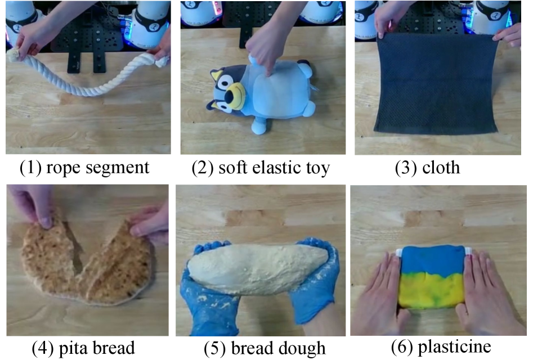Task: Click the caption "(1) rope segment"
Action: (84, 168)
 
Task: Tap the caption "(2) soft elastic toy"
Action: (261, 168)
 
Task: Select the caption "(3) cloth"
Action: (427, 168)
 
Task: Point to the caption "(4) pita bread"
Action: (83, 348)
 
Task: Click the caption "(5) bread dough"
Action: (265, 348)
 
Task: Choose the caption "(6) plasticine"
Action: (441, 347)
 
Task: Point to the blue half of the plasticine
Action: (432, 260)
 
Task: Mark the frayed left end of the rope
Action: (14, 55)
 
